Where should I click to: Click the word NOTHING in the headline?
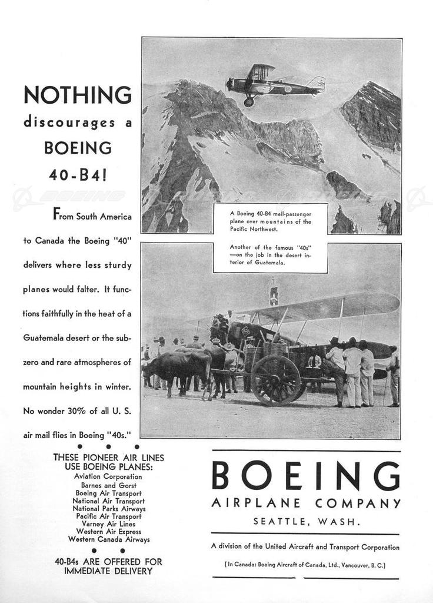tap(77, 95)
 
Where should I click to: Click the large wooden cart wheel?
tap(276, 380)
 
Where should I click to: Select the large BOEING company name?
tap(305, 476)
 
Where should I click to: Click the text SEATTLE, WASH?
tap(307, 521)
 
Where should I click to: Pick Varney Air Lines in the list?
tap(109, 524)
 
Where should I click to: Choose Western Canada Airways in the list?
tap(109, 539)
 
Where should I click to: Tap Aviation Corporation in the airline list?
tap(108, 476)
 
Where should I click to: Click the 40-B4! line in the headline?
tap(77, 175)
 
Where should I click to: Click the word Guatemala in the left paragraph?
tap(47, 338)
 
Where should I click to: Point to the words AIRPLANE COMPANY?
tap(306, 503)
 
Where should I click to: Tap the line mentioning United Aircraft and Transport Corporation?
tap(305, 546)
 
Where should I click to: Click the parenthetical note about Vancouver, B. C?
tap(305, 565)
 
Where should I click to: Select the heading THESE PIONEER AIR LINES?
tap(109, 458)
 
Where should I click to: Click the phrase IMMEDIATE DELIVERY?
tap(108, 571)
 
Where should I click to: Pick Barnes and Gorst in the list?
tap(109, 485)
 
